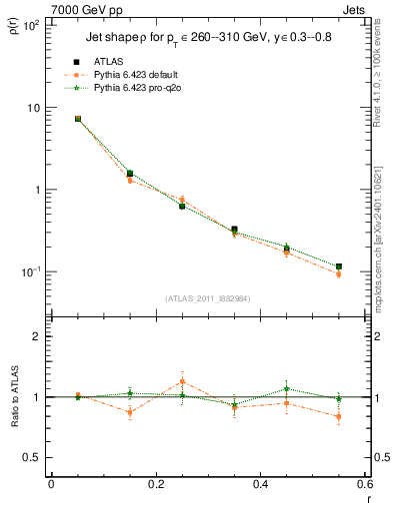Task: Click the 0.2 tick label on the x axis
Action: (x=155, y=484)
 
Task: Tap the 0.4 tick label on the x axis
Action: (x=260, y=484)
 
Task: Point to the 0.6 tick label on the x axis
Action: (x=364, y=484)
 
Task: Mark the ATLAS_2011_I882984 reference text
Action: (x=207, y=297)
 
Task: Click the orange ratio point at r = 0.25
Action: (x=182, y=381)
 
